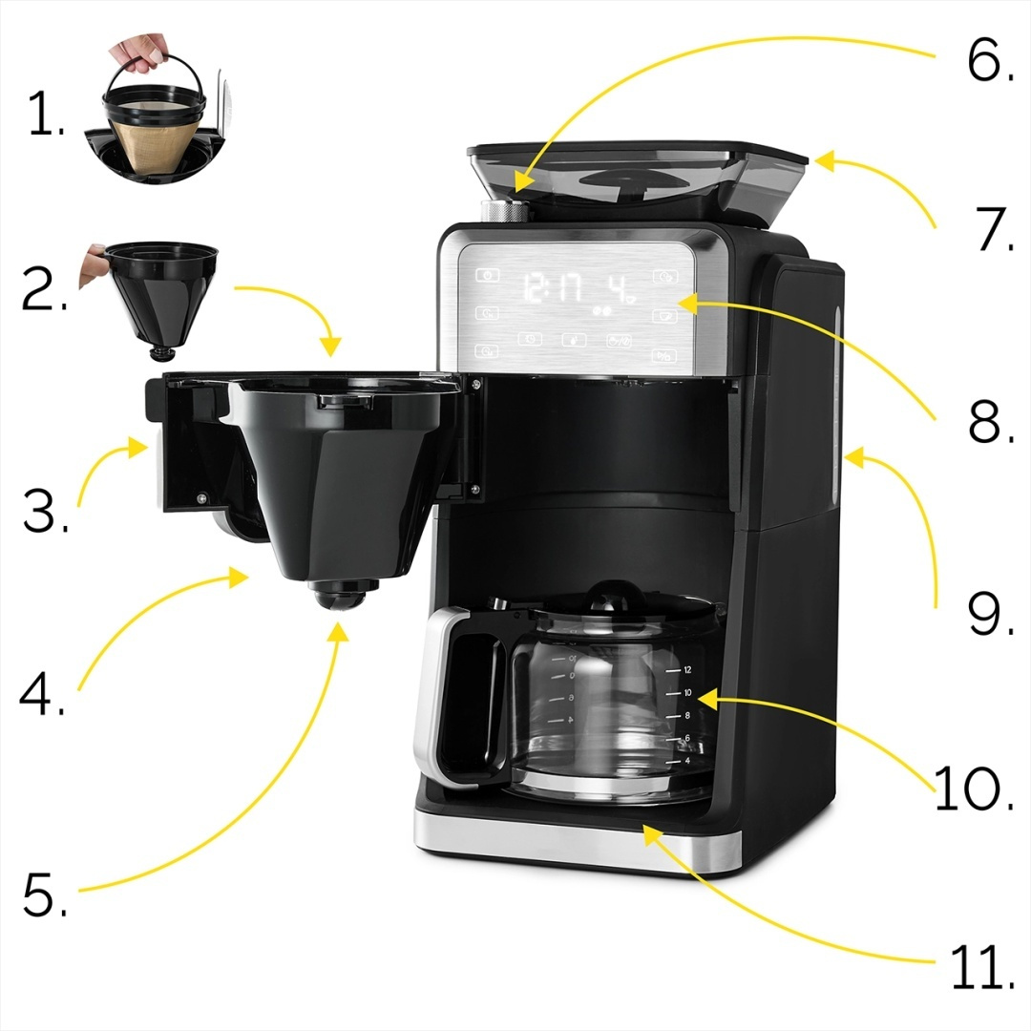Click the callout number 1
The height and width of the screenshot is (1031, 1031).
(43, 116)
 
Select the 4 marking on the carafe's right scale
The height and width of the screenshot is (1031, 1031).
(686, 762)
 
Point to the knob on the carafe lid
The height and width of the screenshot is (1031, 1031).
(606, 594)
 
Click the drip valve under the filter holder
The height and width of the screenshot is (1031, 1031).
(342, 598)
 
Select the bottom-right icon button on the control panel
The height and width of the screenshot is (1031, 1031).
(662, 356)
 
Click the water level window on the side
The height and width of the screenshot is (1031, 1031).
(836, 401)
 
